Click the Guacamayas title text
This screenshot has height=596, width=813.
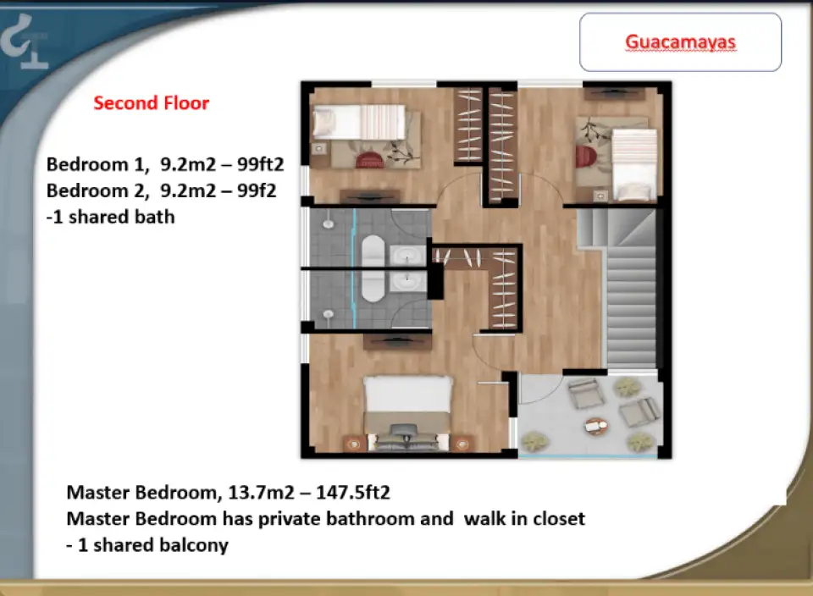pos(680,42)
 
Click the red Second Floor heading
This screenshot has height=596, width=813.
pos(152,102)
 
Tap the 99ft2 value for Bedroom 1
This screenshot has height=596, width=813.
pos(261,164)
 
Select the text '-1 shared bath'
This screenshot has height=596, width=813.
pos(110,217)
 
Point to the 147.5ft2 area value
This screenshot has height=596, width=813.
pos(352,492)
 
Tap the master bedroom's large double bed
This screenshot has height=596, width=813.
pos(407,412)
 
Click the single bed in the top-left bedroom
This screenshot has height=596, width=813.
pos(359,122)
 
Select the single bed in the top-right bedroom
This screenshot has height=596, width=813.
pos(634,163)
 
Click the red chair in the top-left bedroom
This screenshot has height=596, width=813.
pos(369,159)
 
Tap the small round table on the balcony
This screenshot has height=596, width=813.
pos(596,426)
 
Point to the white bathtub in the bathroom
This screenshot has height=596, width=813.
pos(372,268)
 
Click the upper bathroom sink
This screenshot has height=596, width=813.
pos(407,256)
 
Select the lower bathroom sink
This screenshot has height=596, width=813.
pos(407,283)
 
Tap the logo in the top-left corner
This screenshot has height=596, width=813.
pos(24,42)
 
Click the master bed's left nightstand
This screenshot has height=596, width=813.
pos(354,444)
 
